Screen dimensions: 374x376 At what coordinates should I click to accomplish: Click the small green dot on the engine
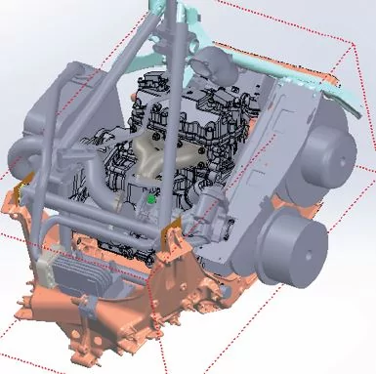coord(152,199)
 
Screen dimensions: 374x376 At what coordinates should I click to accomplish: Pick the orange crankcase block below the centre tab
coord(186,293)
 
